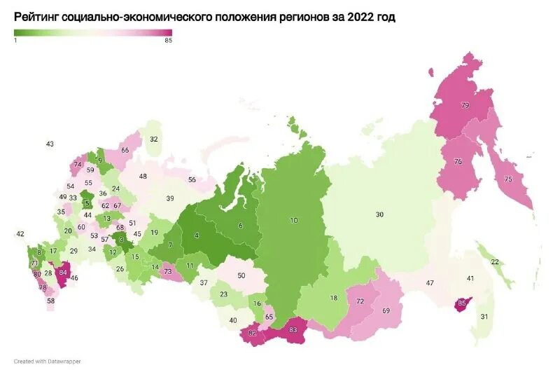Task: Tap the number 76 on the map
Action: [458, 162]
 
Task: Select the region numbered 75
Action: [508, 179]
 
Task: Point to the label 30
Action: [379, 214]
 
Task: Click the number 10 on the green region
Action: [294, 220]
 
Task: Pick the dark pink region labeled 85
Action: [461, 303]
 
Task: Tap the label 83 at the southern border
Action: [293, 330]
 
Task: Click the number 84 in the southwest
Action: [64, 272]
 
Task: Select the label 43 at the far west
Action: [50, 144]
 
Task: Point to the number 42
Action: [20, 233]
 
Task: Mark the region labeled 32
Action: [154, 139]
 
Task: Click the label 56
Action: [192, 179]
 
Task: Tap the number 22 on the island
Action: [495, 261]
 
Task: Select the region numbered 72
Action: [360, 301]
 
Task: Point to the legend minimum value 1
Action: [15, 41]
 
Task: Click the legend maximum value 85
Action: [168, 41]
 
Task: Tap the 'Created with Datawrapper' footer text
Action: [46, 362]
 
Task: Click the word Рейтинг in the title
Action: [41, 17]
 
